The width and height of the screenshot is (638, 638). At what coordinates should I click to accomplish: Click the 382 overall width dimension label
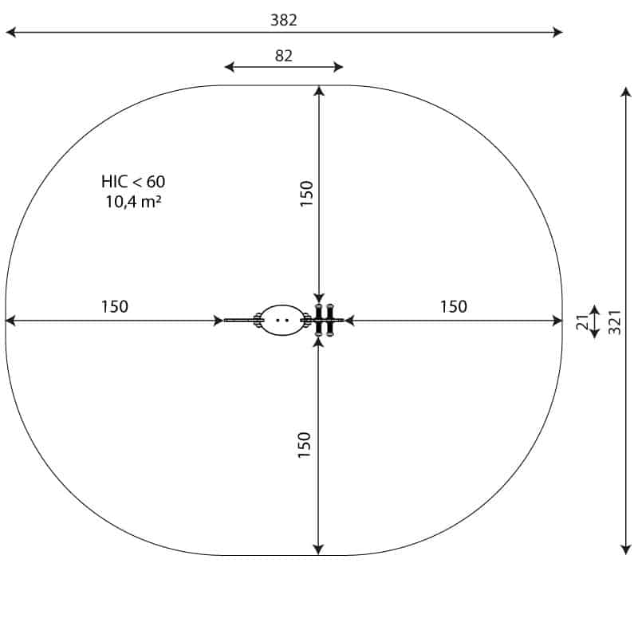[284, 20]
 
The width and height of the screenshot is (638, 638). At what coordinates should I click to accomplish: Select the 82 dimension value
[284, 56]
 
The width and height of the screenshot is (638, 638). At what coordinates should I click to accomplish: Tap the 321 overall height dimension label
[615, 322]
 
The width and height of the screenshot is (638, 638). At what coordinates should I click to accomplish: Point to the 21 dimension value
[583, 322]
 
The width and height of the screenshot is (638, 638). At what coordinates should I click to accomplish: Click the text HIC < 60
[133, 182]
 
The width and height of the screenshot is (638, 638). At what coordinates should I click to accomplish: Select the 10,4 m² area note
[133, 202]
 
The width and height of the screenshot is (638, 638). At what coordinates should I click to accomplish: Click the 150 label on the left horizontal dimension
[115, 306]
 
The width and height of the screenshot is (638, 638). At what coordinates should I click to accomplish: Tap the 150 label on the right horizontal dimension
[454, 306]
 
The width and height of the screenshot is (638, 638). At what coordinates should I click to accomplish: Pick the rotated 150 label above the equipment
[306, 194]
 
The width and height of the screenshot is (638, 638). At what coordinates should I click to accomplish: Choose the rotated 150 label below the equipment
[305, 445]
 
